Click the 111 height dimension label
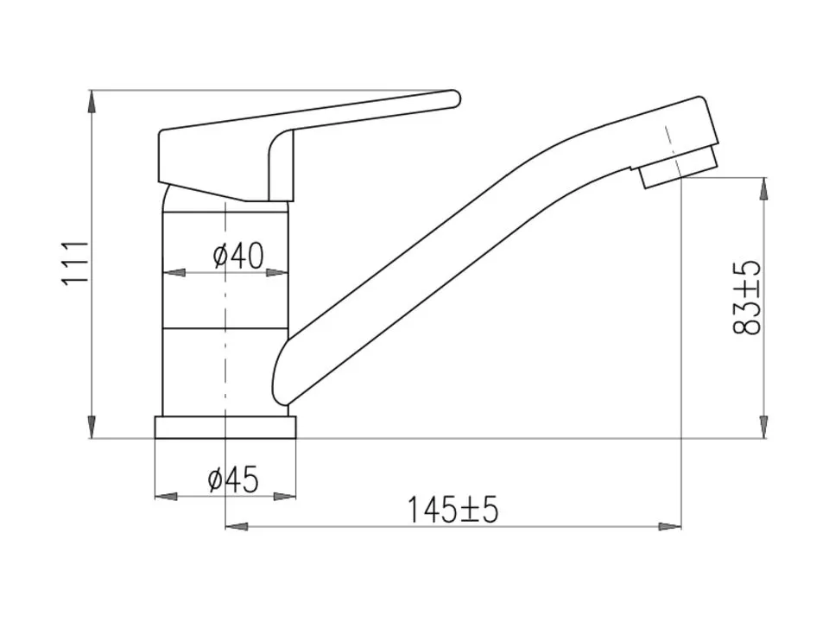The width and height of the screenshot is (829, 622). [x=75, y=264]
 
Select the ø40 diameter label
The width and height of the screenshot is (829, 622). [x=238, y=256]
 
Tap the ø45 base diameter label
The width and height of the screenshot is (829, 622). [x=233, y=479]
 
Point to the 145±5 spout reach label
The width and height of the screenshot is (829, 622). [x=452, y=510]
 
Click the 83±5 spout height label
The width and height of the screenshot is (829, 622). [x=747, y=297]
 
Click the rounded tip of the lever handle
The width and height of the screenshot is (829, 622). [x=456, y=98]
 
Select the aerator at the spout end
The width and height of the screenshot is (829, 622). [x=678, y=167]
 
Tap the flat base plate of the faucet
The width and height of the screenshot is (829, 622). [x=225, y=428]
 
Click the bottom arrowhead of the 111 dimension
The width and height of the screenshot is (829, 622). [x=92, y=427]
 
